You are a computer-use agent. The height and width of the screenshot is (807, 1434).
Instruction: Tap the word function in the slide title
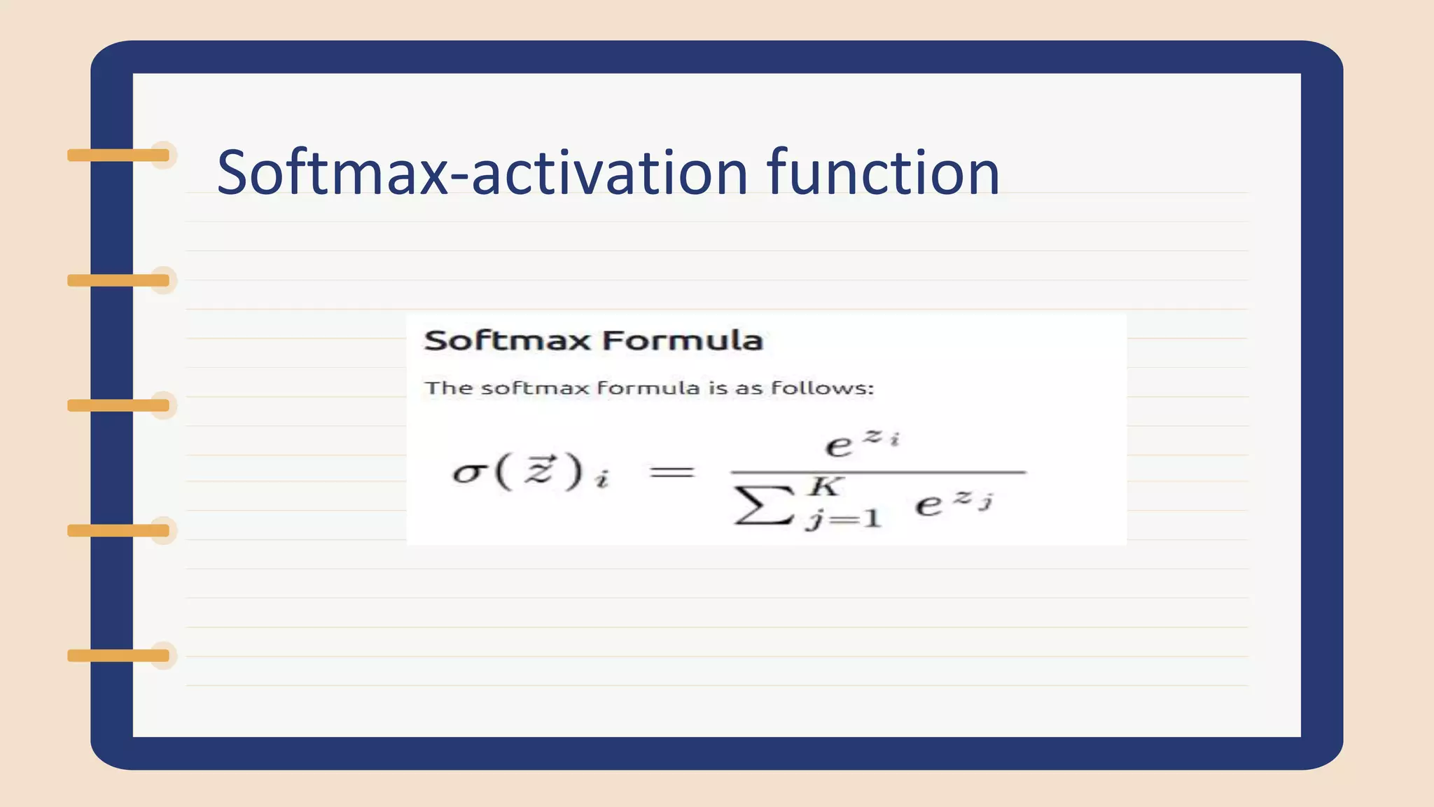(883, 172)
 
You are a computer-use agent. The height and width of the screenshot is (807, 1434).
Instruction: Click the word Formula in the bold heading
(682, 340)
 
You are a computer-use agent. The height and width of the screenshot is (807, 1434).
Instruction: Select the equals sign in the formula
(672, 472)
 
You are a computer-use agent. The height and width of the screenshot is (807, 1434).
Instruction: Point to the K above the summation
(825, 485)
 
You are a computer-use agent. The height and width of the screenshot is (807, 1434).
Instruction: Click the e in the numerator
(838, 446)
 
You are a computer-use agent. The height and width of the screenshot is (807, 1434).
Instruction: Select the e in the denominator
(928, 504)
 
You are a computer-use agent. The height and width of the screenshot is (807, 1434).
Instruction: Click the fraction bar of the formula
(879, 473)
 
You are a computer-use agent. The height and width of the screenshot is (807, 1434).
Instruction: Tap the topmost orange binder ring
(119, 156)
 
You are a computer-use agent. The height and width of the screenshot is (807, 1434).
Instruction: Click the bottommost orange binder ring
(119, 656)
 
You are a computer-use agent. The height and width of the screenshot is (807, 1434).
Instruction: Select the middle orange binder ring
(119, 406)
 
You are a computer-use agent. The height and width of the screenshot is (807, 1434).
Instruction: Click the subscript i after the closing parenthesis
(601, 481)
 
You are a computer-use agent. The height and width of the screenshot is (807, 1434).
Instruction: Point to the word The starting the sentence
(446, 387)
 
